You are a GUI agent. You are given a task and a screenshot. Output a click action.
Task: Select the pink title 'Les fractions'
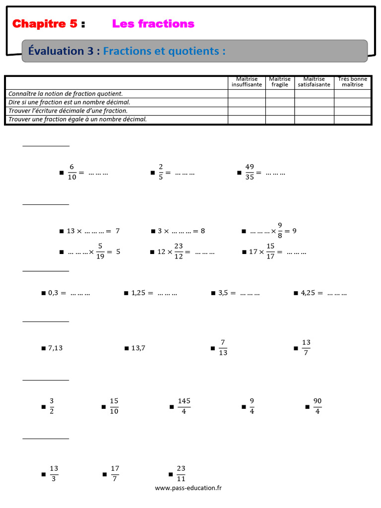(153, 24)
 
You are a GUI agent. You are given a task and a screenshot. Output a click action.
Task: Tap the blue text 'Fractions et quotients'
(164, 51)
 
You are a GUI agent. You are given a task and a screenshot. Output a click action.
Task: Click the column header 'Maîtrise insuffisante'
(247, 82)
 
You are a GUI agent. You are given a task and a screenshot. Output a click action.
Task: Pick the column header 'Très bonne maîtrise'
(352, 82)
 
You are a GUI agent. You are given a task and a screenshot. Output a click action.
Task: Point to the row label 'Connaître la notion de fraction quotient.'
(65, 93)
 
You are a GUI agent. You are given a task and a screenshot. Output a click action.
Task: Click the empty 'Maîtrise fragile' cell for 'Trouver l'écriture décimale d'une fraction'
(280, 111)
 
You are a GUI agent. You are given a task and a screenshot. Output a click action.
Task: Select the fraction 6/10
(71, 173)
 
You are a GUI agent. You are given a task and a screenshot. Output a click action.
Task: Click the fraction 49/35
(250, 173)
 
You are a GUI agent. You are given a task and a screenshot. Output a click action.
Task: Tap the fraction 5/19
(100, 252)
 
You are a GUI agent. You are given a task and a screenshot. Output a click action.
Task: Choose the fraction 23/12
(179, 252)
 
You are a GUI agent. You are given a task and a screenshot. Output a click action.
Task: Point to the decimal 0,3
(54, 293)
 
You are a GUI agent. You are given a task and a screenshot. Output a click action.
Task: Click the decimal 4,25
(308, 293)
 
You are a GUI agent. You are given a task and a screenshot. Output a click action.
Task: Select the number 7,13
(55, 348)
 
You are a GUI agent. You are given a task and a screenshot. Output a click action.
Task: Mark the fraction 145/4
(184, 406)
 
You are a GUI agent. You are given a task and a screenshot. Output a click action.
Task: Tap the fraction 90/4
(317, 406)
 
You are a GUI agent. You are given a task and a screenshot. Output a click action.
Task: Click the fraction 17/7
(115, 473)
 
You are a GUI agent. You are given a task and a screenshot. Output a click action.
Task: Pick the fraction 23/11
(181, 473)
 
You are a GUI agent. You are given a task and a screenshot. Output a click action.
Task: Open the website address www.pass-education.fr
(189, 488)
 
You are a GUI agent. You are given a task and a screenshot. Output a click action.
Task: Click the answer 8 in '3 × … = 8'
(203, 231)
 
